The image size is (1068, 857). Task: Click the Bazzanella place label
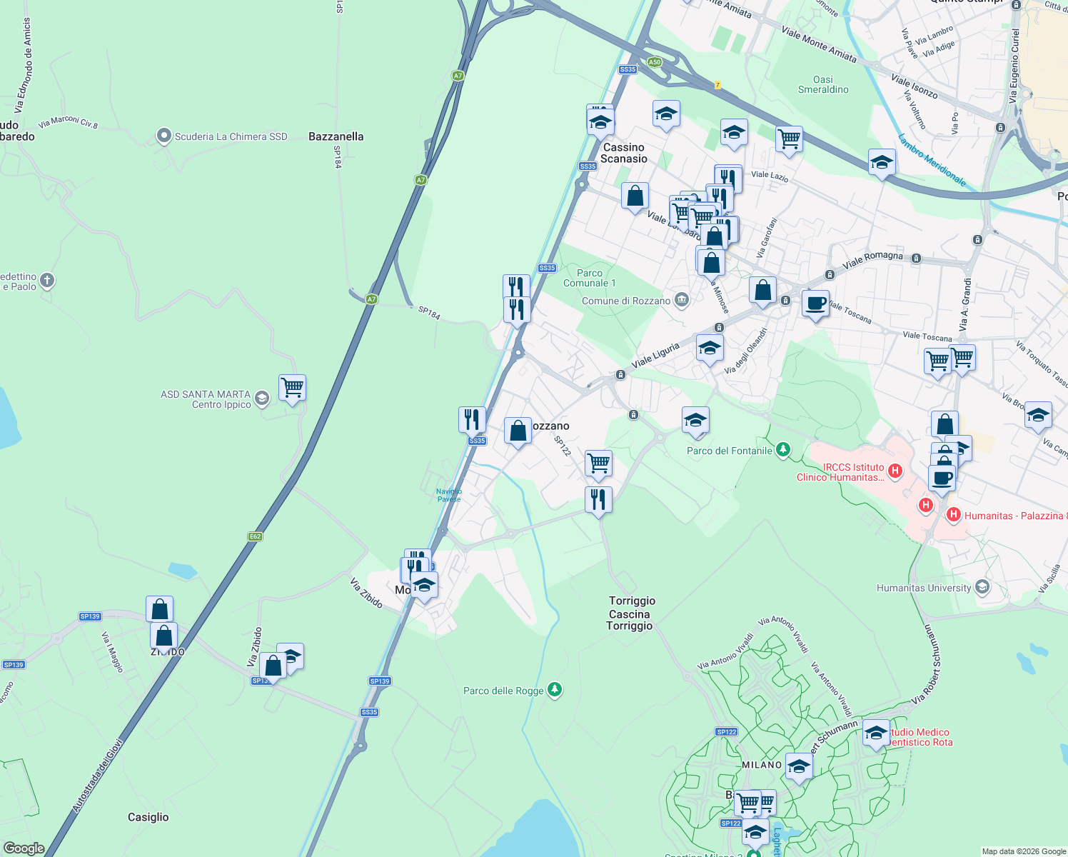pos(336,136)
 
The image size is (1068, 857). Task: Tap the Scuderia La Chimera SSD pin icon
pos(164,136)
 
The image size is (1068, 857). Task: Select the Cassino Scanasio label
pos(624,153)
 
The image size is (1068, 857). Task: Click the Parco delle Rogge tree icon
pos(555,690)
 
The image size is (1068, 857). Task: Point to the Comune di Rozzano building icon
pos(682,300)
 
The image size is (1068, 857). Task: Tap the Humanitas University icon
pos(982,587)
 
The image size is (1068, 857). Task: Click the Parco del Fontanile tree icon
pos(783,449)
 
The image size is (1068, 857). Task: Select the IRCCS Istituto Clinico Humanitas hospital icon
pos(895,471)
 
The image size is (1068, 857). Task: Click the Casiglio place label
pos(148,817)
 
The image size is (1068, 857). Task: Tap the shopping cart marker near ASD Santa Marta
pos(292,388)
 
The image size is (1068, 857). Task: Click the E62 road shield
pos(256,536)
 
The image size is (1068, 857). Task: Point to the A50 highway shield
pos(655,62)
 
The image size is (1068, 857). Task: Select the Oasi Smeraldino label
pos(823,84)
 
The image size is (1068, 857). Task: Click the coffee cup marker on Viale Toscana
pos(815,304)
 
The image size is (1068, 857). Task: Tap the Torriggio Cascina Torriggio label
pos(631,613)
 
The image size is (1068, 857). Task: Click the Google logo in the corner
pos(24,848)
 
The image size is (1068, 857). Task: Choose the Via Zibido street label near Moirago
pos(366,593)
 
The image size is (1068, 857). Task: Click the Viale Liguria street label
pos(655,355)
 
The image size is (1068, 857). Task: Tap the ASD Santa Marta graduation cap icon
pos(262,399)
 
